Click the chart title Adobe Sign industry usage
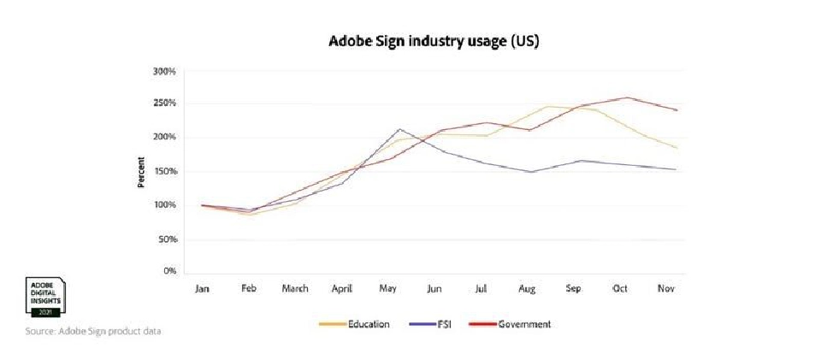pyautogui.click(x=434, y=40)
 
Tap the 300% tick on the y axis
pyautogui.click(x=165, y=71)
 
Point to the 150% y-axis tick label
pyautogui.click(x=165, y=171)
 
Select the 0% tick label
pyautogui.click(x=168, y=272)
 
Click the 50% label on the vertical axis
pyautogui.click(x=167, y=239)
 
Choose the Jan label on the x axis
pyautogui.click(x=202, y=289)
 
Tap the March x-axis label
pyautogui.click(x=295, y=289)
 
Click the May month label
pyautogui.click(x=387, y=289)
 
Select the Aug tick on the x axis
pyautogui.click(x=527, y=289)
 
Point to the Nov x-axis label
pyautogui.click(x=667, y=289)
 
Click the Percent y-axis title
pyautogui.click(x=142, y=171)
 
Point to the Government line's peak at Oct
pyautogui.click(x=629, y=97)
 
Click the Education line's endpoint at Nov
pyautogui.click(x=676, y=148)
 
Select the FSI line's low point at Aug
pyautogui.click(x=531, y=172)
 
